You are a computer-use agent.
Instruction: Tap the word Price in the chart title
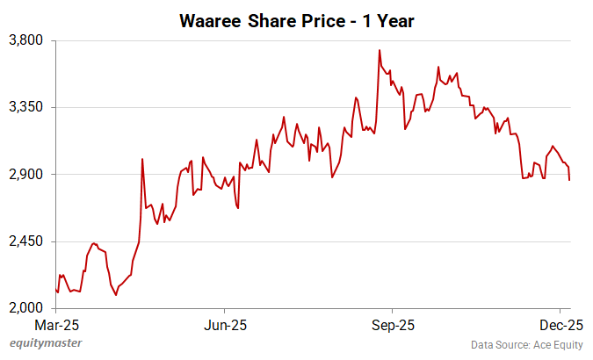pyautogui.click(x=319, y=19)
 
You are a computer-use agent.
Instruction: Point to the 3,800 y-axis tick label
pyautogui.click(x=28, y=40)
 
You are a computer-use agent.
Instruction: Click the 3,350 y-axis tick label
pyautogui.click(x=28, y=107)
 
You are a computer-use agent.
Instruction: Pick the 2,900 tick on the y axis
pyautogui.click(x=28, y=174)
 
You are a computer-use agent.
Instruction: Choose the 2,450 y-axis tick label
pyautogui.click(x=28, y=241)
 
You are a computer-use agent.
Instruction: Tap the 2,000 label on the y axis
pyautogui.click(x=28, y=308)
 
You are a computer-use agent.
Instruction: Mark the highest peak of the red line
pyautogui.click(x=379, y=50)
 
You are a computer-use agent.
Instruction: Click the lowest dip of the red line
pyautogui.click(x=116, y=294)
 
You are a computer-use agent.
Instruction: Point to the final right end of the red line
pyautogui.click(x=569, y=180)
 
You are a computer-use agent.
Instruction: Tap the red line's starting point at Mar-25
pyautogui.click(x=55, y=289)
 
